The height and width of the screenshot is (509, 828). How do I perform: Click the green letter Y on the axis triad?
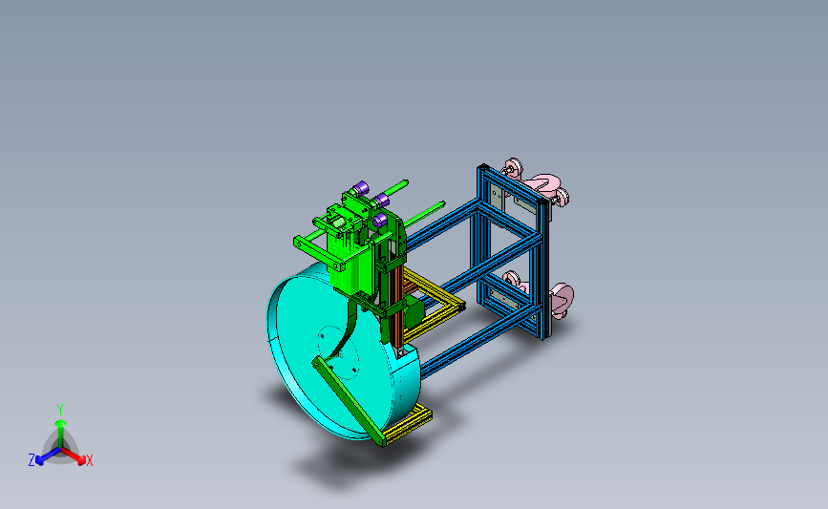(x=59, y=410)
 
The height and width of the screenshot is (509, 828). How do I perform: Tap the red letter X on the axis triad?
(x=89, y=460)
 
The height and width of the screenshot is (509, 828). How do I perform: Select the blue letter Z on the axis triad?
(x=32, y=460)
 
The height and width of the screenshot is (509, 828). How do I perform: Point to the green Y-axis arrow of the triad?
(x=60, y=433)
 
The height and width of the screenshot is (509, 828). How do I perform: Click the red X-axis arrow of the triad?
(x=74, y=456)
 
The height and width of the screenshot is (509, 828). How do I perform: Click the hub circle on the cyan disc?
(x=339, y=352)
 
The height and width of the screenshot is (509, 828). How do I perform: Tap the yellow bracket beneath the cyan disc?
(x=408, y=426)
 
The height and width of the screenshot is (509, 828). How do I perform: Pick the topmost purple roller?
(x=360, y=188)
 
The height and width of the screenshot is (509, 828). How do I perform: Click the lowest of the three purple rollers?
(x=379, y=221)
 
